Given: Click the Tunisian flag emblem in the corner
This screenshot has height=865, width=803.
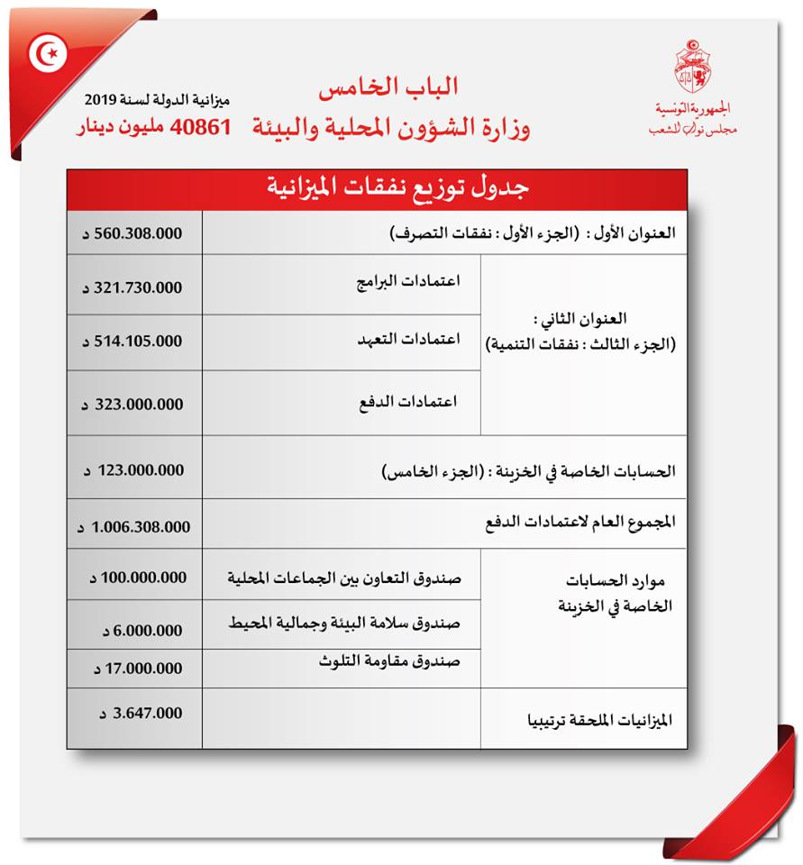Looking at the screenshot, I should pos(48,56).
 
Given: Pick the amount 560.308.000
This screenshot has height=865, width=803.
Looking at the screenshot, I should pos(137,233).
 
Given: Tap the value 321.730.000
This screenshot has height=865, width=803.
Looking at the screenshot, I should pos(137,287).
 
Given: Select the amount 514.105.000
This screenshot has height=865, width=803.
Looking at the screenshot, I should pos(137,341).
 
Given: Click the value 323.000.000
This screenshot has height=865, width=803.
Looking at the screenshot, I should pos(137,405).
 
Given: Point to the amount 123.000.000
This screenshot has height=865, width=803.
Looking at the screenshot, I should pos(137,469).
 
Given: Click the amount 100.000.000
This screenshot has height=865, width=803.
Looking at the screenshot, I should pos(137,578).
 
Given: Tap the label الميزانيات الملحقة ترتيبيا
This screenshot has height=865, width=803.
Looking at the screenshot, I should pos(599,722).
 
